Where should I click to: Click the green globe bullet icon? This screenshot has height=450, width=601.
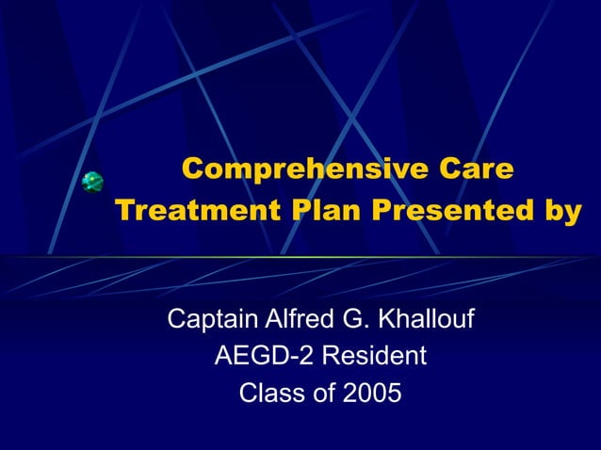click(x=91, y=182)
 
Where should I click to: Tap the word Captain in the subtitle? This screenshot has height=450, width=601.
click(x=208, y=320)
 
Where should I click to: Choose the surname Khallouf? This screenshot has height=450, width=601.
click(x=426, y=320)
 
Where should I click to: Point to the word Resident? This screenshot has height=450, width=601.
click(x=370, y=357)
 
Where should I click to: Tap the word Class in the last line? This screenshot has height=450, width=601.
click(x=269, y=393)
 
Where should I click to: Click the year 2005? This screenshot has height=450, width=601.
click(x=371, y=393)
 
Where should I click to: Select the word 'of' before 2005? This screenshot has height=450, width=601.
click(x=320, y=393)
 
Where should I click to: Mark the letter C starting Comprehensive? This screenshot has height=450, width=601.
click(x=193, y=169)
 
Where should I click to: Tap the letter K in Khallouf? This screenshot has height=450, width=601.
click(x=386, y=320)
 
